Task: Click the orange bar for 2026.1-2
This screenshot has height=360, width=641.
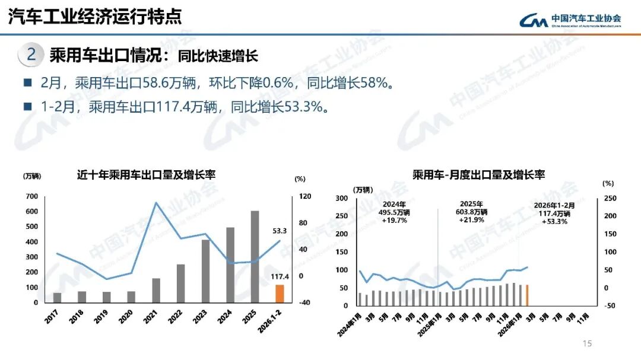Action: (279, 294)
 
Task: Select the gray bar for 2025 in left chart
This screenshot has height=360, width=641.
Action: (255, 257)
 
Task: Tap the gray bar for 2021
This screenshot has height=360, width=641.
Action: (156, 290)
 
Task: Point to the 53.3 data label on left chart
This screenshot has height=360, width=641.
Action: (280, 231)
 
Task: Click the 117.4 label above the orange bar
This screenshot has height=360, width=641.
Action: (279, 277)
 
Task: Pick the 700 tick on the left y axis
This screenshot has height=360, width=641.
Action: (31, 196)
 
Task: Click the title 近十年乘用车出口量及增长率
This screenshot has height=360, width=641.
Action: (146, 175)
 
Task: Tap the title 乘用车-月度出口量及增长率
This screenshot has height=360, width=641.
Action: (478, 174)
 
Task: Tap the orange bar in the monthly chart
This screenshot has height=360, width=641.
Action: (527, 295)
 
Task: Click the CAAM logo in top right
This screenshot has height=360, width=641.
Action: (570, 20)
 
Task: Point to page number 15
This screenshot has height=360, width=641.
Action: (588, 343)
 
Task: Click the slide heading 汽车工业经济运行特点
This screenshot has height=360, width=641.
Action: (95, 17)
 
